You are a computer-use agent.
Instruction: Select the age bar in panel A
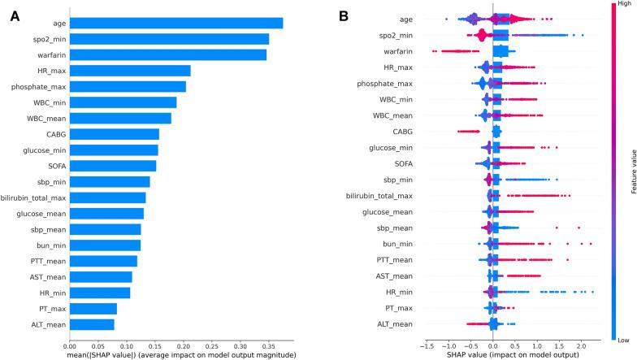pyautogui.click(x=175, y=23)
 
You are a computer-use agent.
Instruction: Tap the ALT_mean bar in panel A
pyautogui.click(x=92, y=324)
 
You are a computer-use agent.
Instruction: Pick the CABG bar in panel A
pyautogui.click(x=114, y=133)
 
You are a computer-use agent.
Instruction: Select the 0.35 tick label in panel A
pyautogui.click(x=267, y=345)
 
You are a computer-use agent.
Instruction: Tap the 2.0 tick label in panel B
pyautogui.click(x=580, y=345)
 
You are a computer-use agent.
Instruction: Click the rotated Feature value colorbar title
pyautogui.click(x=631, y=173)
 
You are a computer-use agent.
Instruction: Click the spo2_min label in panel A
pyautogui.click(x=47, y=39)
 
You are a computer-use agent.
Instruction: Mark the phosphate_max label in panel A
pyautogui.click(x=39, y=86)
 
